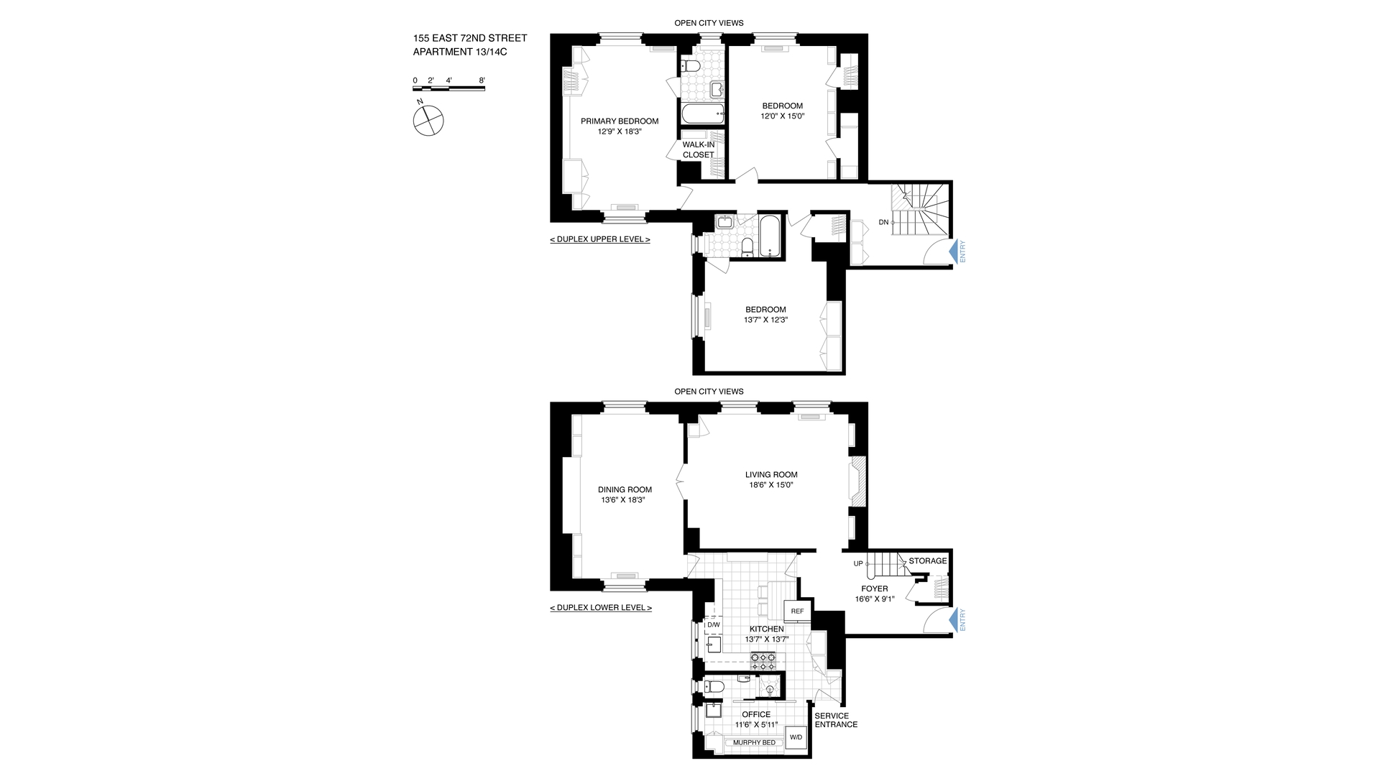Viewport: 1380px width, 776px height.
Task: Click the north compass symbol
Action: (428, 120)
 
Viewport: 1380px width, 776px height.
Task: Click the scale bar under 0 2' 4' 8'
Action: (448, 88)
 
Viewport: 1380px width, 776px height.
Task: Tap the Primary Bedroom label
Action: (620, 121)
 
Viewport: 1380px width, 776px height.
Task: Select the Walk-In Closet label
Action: (699, 149)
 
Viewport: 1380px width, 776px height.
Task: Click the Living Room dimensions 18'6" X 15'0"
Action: (771, 485)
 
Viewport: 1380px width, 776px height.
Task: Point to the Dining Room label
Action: (625, 489)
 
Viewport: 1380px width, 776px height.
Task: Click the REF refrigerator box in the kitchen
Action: (797, 611)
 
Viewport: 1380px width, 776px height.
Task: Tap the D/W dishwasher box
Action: (713, 625)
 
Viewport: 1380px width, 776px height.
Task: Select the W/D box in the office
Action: (796, 738)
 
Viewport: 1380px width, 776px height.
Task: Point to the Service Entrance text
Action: (835, 720)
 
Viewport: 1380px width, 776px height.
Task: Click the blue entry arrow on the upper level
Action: (955, 251)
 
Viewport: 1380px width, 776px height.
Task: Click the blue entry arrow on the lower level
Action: (955, 620)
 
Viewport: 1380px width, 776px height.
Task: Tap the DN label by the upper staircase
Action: (883, 223)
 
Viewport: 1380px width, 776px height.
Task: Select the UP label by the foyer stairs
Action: (858, 563)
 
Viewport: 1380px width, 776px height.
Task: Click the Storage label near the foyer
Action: (927, 561)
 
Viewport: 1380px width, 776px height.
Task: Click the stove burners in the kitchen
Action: (763, 660)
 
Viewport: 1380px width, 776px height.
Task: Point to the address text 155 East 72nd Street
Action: (469, 38)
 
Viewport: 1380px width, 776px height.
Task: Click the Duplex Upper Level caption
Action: (599, 239)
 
